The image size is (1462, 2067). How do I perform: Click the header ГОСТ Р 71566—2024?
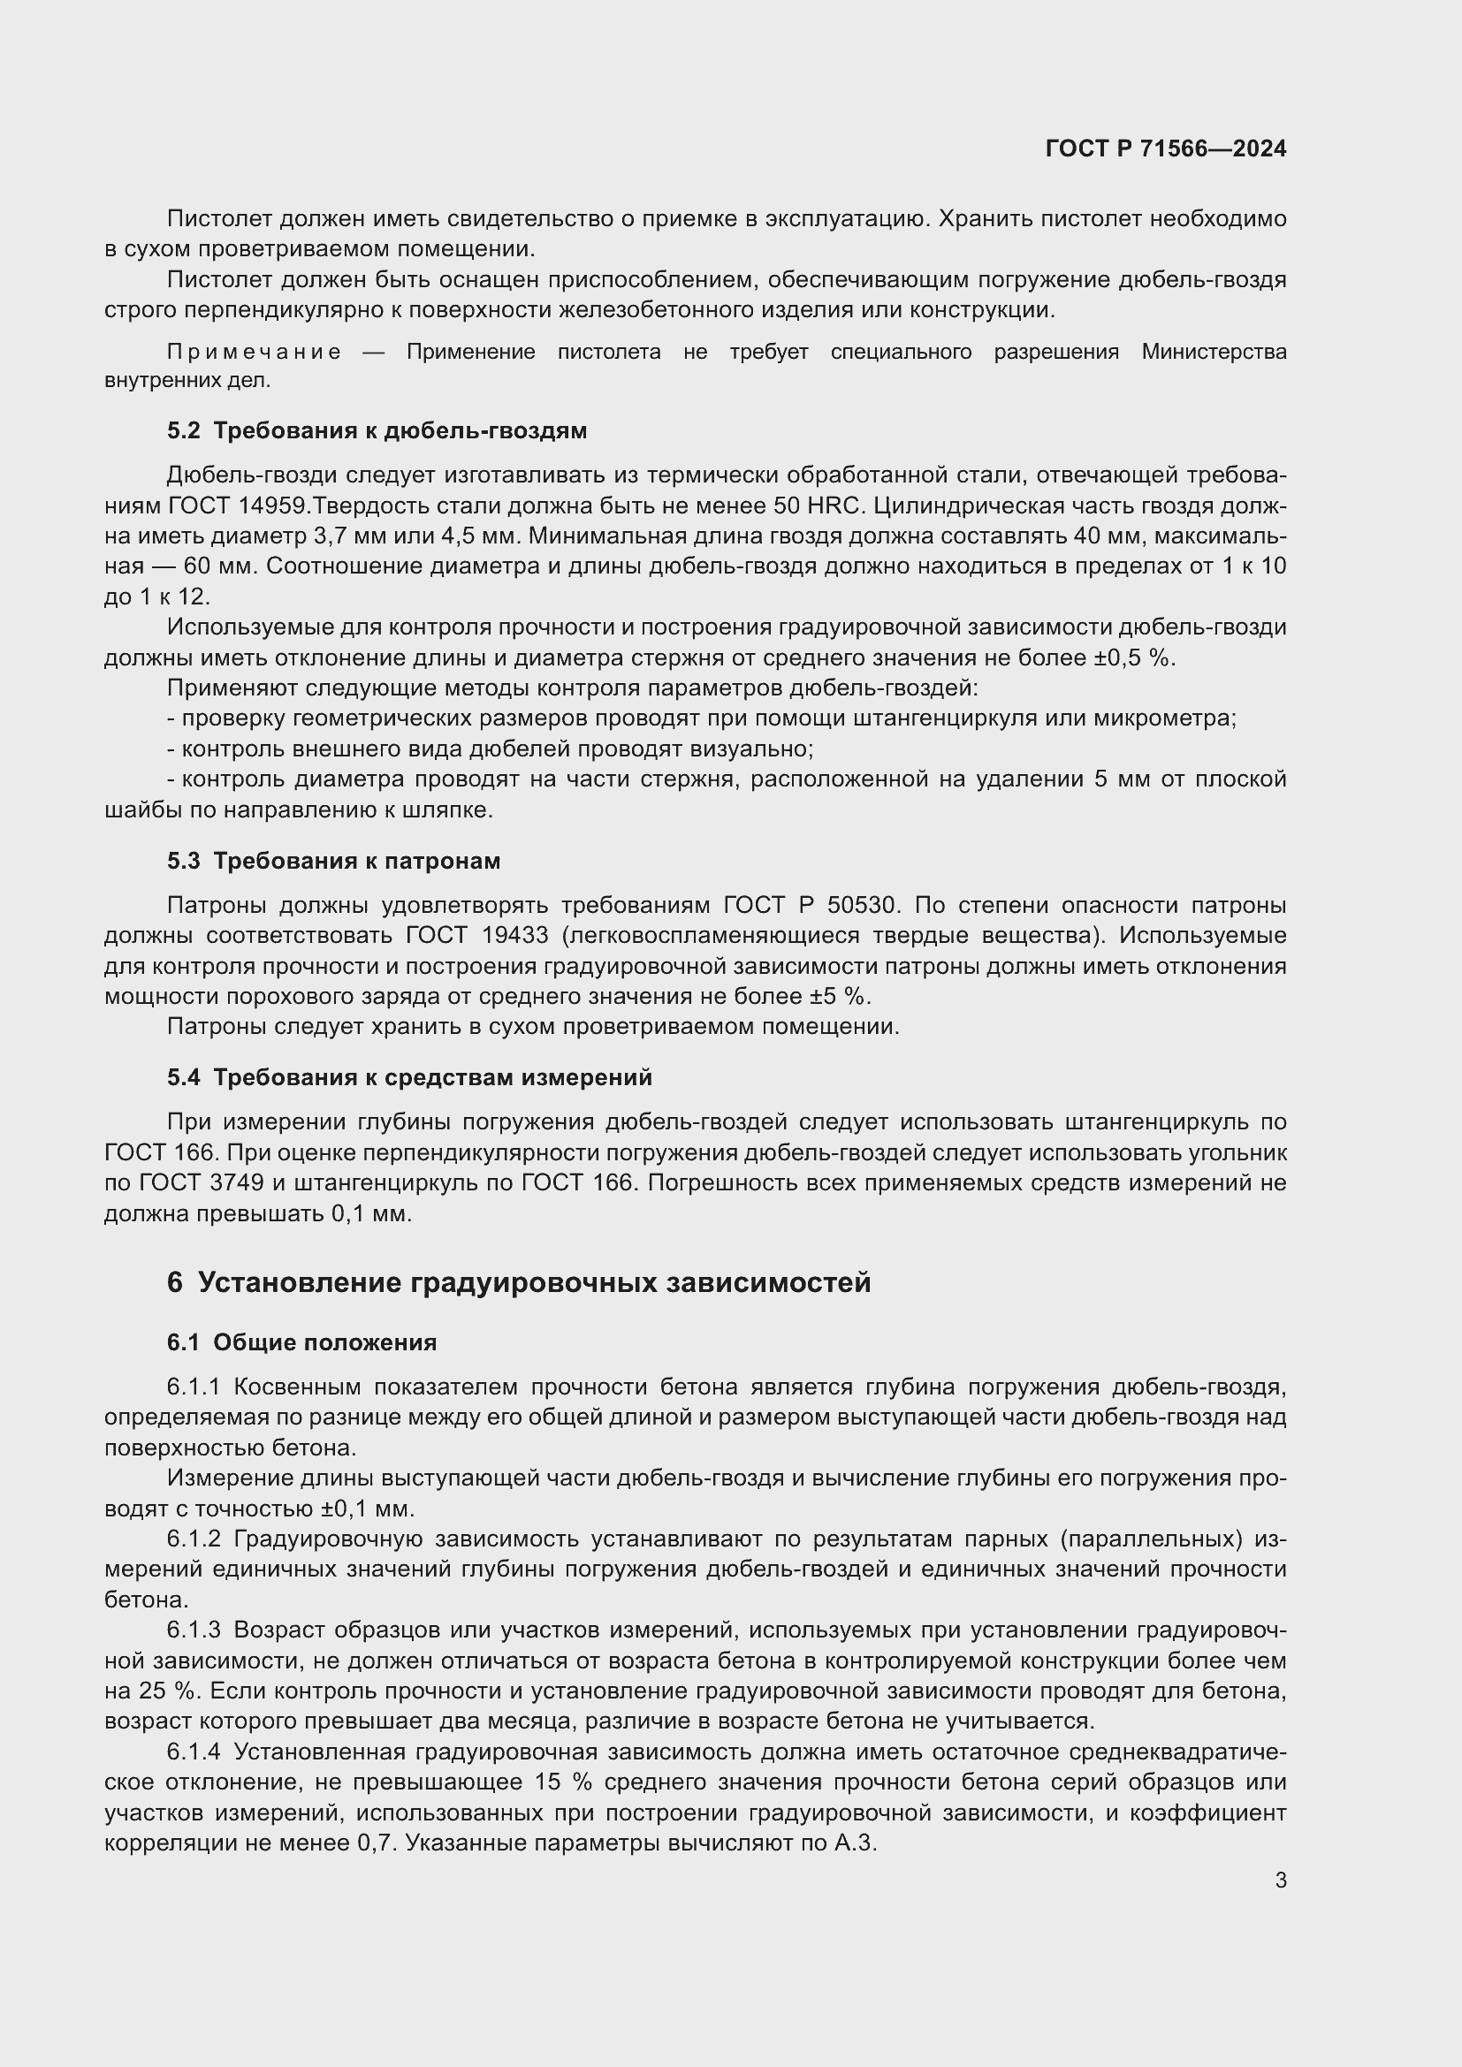1166,149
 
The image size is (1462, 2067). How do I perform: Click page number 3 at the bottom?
1280,1881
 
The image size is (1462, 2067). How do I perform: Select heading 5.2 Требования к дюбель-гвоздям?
377,431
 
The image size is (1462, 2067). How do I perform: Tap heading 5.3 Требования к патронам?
333,862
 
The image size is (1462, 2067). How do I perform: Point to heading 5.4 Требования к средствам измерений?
408,1077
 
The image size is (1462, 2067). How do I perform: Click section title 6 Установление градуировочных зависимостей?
519,1282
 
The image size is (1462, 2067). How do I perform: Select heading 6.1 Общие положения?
301,1342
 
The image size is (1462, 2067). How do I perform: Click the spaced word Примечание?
254,352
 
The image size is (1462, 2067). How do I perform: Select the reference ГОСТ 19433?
477,935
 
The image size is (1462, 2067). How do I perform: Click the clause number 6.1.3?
194,1630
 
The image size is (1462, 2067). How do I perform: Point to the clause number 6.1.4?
194,1752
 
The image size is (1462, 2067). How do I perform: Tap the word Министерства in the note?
1214,352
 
